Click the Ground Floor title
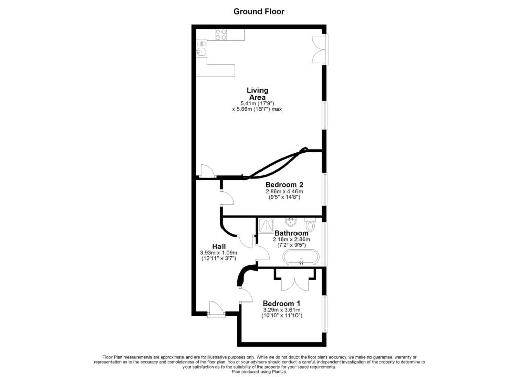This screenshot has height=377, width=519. pyautogui.click(x=259, y=11)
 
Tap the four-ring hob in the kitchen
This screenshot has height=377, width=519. pyautogui.click(x=221, y=34)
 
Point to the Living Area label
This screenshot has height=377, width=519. pyautogui.click(x=257, y=94)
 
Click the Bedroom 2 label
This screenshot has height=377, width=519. pyautogui.click(x=284, y=184)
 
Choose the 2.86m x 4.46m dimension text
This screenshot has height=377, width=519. pyautogui.click(x=284, y=191)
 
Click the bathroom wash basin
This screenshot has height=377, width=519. pyautogui.click(x=291, y=222)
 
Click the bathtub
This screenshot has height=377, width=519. pyautogui.click(x=301, y=257)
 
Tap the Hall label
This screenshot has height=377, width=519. pyautogui.click(x=219, y=246)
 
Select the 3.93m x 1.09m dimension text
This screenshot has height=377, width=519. pyautogui.click(x=219, y=253)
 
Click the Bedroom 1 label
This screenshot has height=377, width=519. pyautogui.click(x=282, y=304)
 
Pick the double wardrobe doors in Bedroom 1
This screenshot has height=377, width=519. pyautogui.click(x=295, y=282)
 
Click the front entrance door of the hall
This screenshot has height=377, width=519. pyautogui.click(x=215, y=309)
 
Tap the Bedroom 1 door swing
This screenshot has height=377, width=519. pyautogui.click(x=245, y=294)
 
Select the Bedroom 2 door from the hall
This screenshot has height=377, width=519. pyautogui.click(x=226, y=198)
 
